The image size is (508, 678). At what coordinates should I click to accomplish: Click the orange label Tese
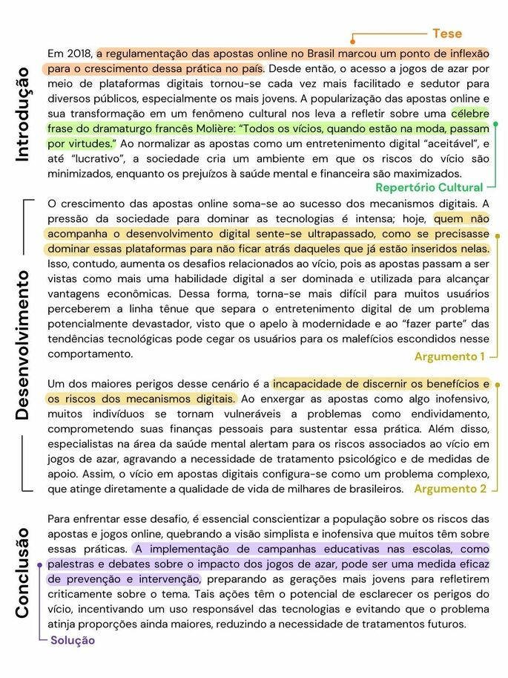tap(447, 33)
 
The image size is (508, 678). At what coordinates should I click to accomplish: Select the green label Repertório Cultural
tap(429, 187)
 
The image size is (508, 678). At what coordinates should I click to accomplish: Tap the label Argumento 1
tap(449, 356)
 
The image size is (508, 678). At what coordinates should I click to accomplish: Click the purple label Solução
tap(73, 640)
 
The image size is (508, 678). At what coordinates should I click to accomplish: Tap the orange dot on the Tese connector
tap(353, 34)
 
